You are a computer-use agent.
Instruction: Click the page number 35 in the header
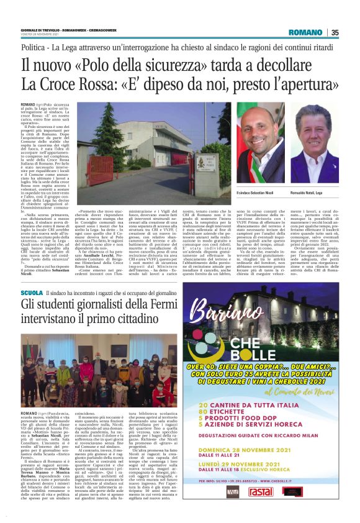point(335,32)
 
